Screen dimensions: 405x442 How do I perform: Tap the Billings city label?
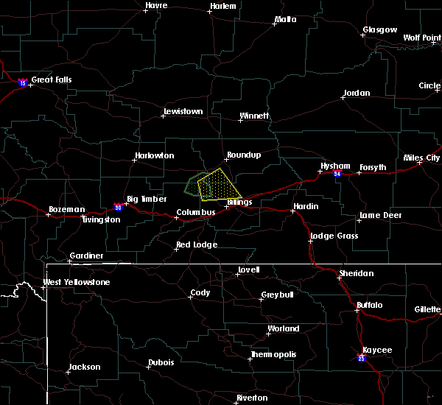pos(239,202)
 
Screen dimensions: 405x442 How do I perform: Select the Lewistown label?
pos(182,111)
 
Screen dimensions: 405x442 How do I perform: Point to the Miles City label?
pos(424,158)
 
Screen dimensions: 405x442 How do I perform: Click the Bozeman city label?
pos(67,210)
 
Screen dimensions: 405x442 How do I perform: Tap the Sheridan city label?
pos(356,273)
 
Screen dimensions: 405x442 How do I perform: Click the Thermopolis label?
pos(273,354)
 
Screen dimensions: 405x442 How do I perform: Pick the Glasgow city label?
pos(379,30)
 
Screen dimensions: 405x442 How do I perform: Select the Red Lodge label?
pos(197,244)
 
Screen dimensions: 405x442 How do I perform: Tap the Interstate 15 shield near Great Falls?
pos(23,83)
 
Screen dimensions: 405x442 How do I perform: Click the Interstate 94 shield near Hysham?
pos(337,174)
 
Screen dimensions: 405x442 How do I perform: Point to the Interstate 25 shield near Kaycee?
pos(362,358)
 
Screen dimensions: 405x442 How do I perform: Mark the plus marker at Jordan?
pos(343,98)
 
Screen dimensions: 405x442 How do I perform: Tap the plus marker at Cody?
pos(191,297)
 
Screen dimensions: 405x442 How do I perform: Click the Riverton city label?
pos(252,398)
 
